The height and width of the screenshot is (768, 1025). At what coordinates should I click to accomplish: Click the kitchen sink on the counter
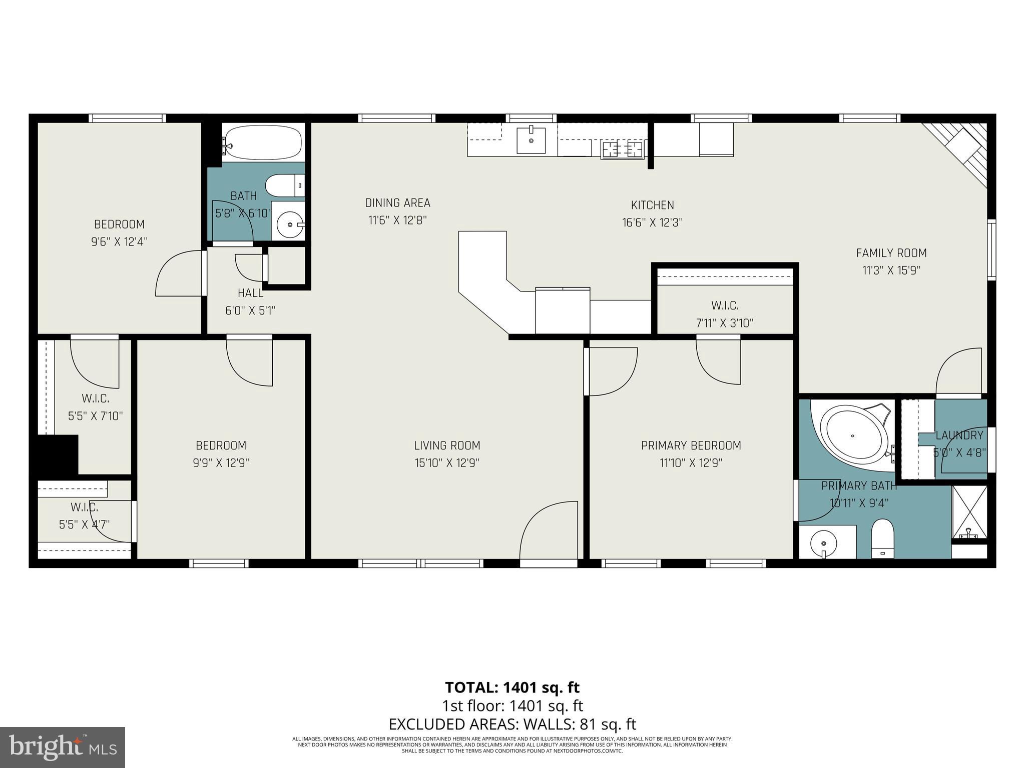point(531,139)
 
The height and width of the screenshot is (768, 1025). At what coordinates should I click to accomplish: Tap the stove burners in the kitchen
point(622,149)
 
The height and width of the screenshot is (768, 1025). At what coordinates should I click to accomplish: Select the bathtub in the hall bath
point(262,142)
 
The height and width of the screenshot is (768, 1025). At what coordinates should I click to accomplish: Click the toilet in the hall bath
point(284,185)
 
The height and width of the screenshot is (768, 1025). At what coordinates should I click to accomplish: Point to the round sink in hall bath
point(290,224)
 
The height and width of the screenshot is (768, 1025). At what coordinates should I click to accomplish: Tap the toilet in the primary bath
point(882,538)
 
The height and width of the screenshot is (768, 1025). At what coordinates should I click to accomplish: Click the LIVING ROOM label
point(447,445)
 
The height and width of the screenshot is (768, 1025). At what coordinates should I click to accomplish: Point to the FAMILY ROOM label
point(891,253)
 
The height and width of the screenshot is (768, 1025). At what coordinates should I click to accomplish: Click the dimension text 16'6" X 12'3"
point(652,222)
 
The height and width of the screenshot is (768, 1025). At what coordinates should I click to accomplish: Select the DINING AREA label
point(397,203)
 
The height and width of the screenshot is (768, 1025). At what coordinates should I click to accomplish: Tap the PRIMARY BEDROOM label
point(691,445)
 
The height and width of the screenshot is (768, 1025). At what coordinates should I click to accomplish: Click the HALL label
point(250,293)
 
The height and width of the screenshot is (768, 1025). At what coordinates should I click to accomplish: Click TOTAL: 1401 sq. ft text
point(512,687)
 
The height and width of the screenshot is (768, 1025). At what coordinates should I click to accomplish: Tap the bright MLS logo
point(63,747)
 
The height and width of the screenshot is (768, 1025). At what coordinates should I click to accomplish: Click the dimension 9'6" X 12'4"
point(119,242)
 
